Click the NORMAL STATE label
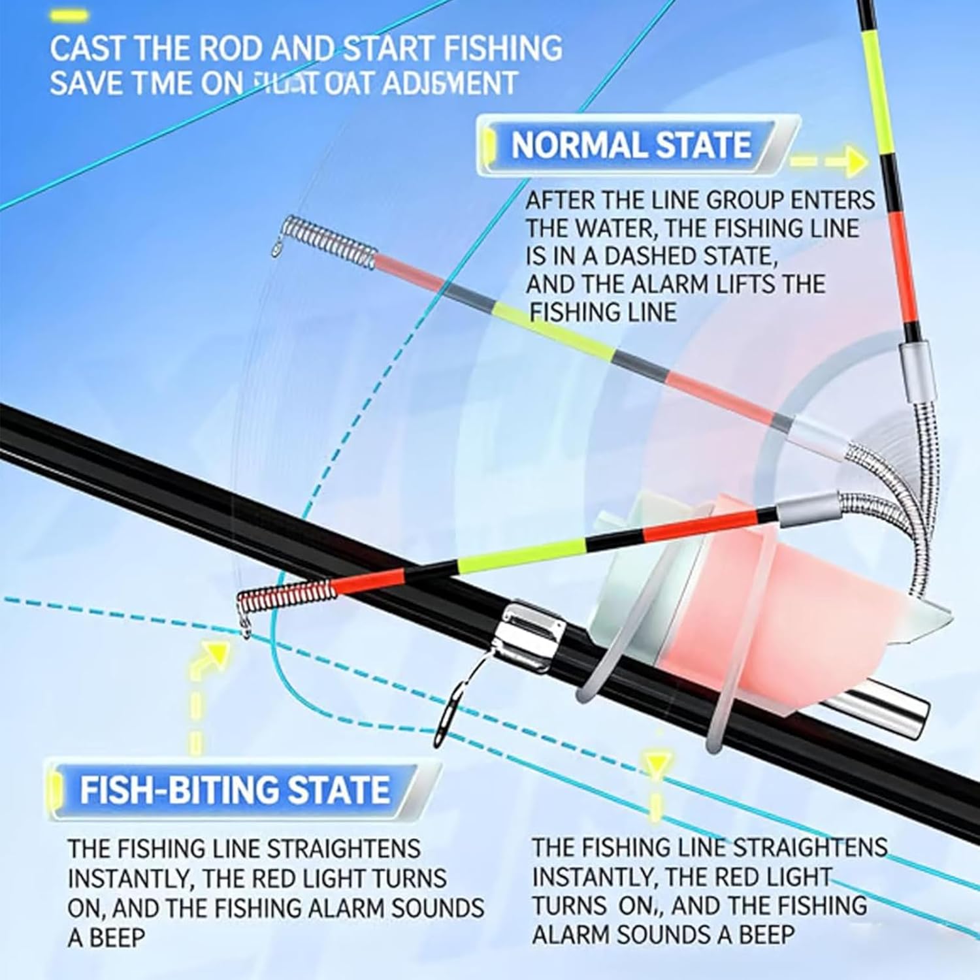point(630,145)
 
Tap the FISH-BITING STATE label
point(235,789)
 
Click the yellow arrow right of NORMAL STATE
point(830,161)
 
